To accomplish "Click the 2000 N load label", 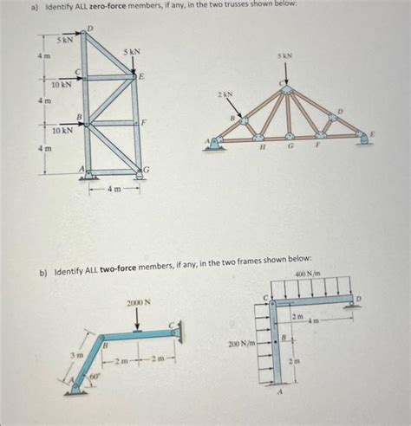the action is coord(139,302).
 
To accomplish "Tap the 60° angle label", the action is coord(95,376).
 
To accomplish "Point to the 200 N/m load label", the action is coord(242,344).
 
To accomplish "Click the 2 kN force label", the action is coord(225,94).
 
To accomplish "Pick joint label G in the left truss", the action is coord(147,169).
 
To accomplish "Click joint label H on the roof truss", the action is coord(262,146).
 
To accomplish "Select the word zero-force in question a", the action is coord(108,6).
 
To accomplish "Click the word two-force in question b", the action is coord(118,269).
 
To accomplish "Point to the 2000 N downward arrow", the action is coord(138,319).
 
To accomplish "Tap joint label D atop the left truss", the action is coord(90,29).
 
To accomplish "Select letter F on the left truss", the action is coord(143,122).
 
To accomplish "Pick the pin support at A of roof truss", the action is coord(214,144).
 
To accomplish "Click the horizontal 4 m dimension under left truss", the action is coord(114,190).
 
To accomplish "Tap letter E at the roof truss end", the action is coord(373,134).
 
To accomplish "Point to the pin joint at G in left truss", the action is coord(140,173).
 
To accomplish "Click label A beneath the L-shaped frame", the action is coord(279,392).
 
